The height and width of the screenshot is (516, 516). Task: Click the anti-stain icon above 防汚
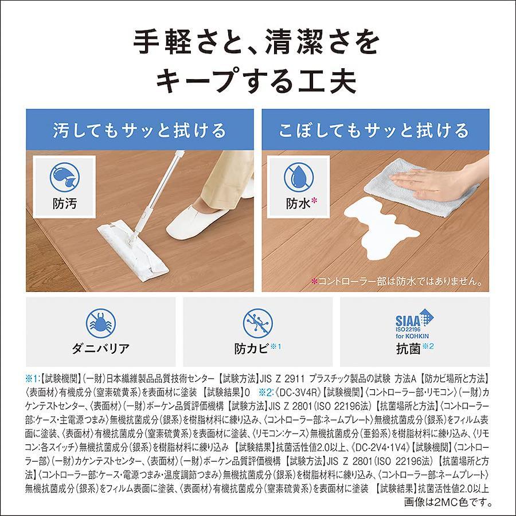tap(64, 177)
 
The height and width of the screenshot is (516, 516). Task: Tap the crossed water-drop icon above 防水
tap(299, 177)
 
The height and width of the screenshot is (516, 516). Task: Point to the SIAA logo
tap(415, 323)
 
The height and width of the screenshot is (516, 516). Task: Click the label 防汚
tap(64, 204)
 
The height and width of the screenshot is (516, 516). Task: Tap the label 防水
tap(298, 204)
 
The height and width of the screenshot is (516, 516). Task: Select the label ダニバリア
tap(101, 349)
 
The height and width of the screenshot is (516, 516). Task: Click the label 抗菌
tap(408, 349)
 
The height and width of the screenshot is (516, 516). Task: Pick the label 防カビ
tap(252, 349)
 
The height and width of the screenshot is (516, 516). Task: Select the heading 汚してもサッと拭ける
tap(139, 130)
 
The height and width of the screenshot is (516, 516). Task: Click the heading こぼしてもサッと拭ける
tap(374, 130)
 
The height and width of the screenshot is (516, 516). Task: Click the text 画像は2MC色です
tap(448, 503)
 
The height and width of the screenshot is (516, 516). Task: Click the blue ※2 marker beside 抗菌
tap(428, 346)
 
